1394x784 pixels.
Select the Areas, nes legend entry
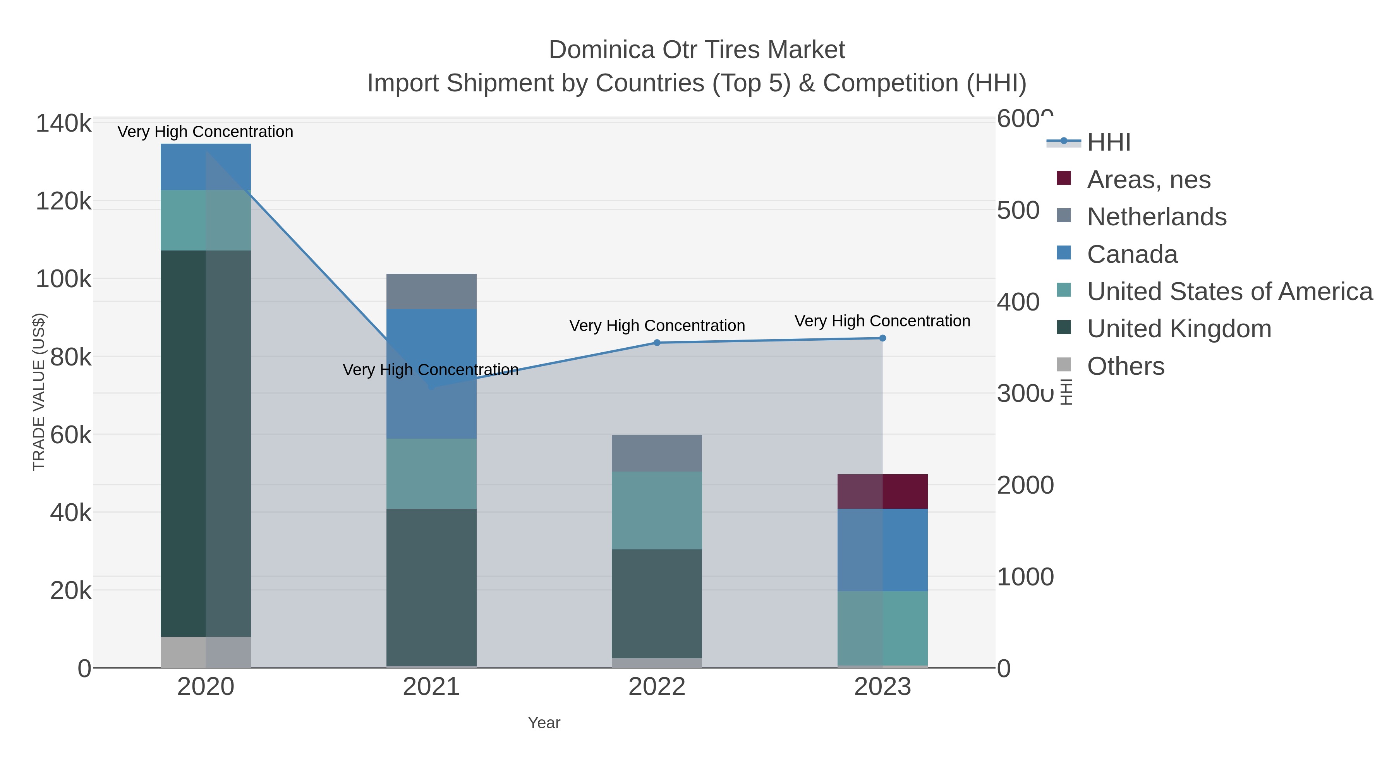(1149, 180)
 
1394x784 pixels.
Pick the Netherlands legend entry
(1156, 217)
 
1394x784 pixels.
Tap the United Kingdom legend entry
(1179, 329)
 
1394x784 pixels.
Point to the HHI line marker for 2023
(882, 338)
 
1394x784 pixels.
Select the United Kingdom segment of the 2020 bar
(206, 444)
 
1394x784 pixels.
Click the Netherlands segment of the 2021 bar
(431, 291)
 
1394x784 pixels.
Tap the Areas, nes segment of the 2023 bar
(882, 491)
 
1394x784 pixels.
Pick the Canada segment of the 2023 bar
(882, 550)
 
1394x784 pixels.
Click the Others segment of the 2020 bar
(206, 652)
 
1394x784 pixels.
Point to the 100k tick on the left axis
(64, 279)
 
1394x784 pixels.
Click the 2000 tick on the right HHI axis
(1025, 485)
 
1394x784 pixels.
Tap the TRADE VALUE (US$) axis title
(39, 392)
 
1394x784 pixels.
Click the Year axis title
(544, 723)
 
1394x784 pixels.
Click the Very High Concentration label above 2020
(205, 132)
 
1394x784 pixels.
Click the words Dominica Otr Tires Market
(697, 50)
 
